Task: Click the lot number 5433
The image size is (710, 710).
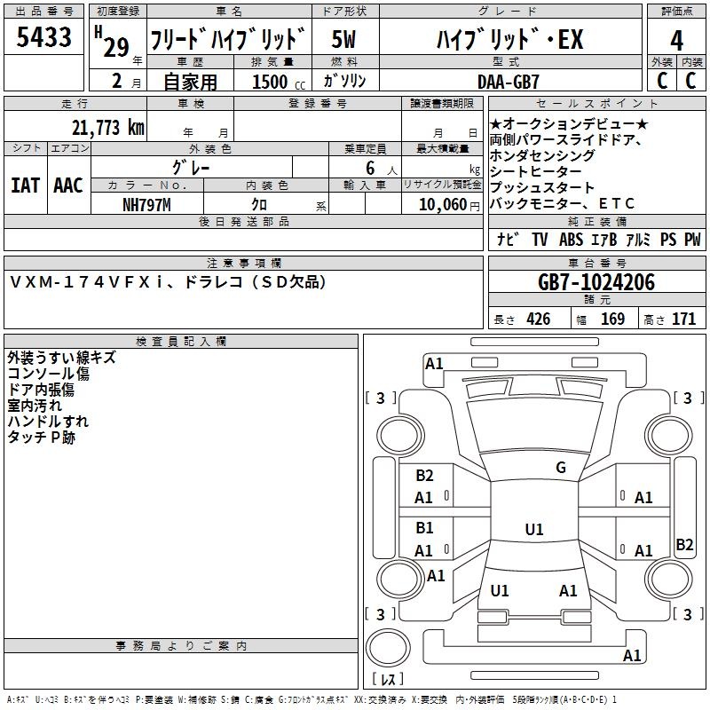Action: coord(43,37)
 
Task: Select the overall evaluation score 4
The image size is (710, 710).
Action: coord(676,41)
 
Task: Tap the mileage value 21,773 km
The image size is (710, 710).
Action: coord(108,128)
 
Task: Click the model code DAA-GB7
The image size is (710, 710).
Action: coord(509,82)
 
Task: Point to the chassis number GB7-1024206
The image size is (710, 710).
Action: coord(596,282)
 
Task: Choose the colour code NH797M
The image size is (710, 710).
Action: coord(146,205)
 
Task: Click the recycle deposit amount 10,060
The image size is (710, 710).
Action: coord(443,205)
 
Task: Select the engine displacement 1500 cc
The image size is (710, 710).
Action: coord(279,82)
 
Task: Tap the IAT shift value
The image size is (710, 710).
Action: coord(26,185)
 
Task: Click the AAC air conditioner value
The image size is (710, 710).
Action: coord(68,185)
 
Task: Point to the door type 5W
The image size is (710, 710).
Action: coord(343,39)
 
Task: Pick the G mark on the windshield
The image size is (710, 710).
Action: coord(561,467)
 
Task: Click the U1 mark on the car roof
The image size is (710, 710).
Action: coord(534,529)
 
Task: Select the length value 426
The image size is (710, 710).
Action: coord(539,319)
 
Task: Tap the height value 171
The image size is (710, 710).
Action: coord(683,319)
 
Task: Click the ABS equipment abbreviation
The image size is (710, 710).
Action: coord(571,240)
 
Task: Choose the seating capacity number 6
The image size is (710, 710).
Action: coord(370,169)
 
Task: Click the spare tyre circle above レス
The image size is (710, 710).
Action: coord(388,648)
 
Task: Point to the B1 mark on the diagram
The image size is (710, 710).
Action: coord(425,528)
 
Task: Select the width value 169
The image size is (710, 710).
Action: coord(612,319)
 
